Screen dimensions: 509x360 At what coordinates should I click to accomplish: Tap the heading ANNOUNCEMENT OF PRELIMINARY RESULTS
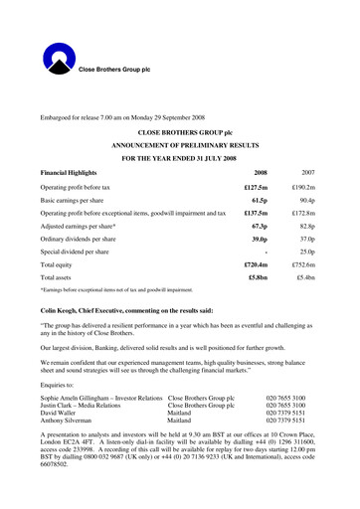[179, 144]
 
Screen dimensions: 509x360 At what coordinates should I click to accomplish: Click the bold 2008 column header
[261, 171]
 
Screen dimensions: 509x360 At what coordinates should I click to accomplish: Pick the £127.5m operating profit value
[257, 186]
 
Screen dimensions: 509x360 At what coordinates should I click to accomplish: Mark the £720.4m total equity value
[257, 265]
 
